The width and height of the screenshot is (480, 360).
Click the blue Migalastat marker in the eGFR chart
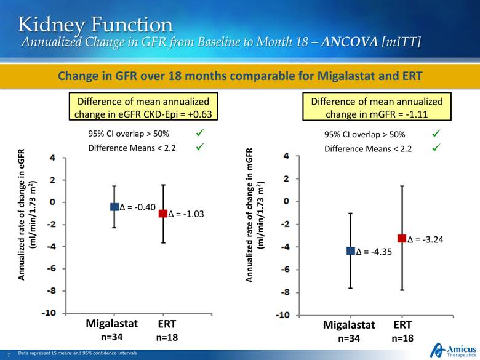click(x=114, y=207)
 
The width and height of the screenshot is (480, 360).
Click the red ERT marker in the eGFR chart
click(x=163, y=214)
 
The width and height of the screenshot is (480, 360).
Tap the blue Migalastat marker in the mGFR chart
click(x=351, y=250)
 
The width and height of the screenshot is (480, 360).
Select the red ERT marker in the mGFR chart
click(x=402, y=238)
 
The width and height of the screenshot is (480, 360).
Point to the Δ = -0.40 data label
click(x=136, y=207)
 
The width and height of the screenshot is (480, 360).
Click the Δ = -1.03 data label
click(x=186, y=214)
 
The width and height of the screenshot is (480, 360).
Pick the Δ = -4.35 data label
click(x=374, y=252)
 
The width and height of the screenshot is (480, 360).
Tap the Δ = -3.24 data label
click(x=425, y=239)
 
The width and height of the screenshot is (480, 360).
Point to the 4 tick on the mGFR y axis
click(x=286, y=156)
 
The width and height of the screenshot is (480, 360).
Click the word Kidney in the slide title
click(x=52, y=24)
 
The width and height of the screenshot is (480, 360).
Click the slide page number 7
click(x=8, y=354)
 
